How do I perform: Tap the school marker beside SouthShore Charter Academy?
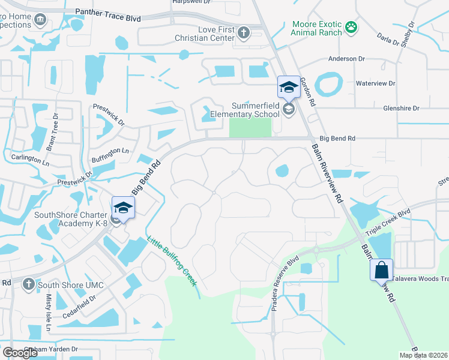coord(123,208)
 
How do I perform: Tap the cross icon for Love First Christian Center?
coord(244,32)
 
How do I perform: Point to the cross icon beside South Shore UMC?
coord(28,283)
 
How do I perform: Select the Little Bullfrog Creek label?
coord(172,260)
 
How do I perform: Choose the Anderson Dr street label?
coord(346,59)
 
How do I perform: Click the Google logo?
coord(20,353)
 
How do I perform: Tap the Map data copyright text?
coord(423,355)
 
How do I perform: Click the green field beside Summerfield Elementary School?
coord(250,127)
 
